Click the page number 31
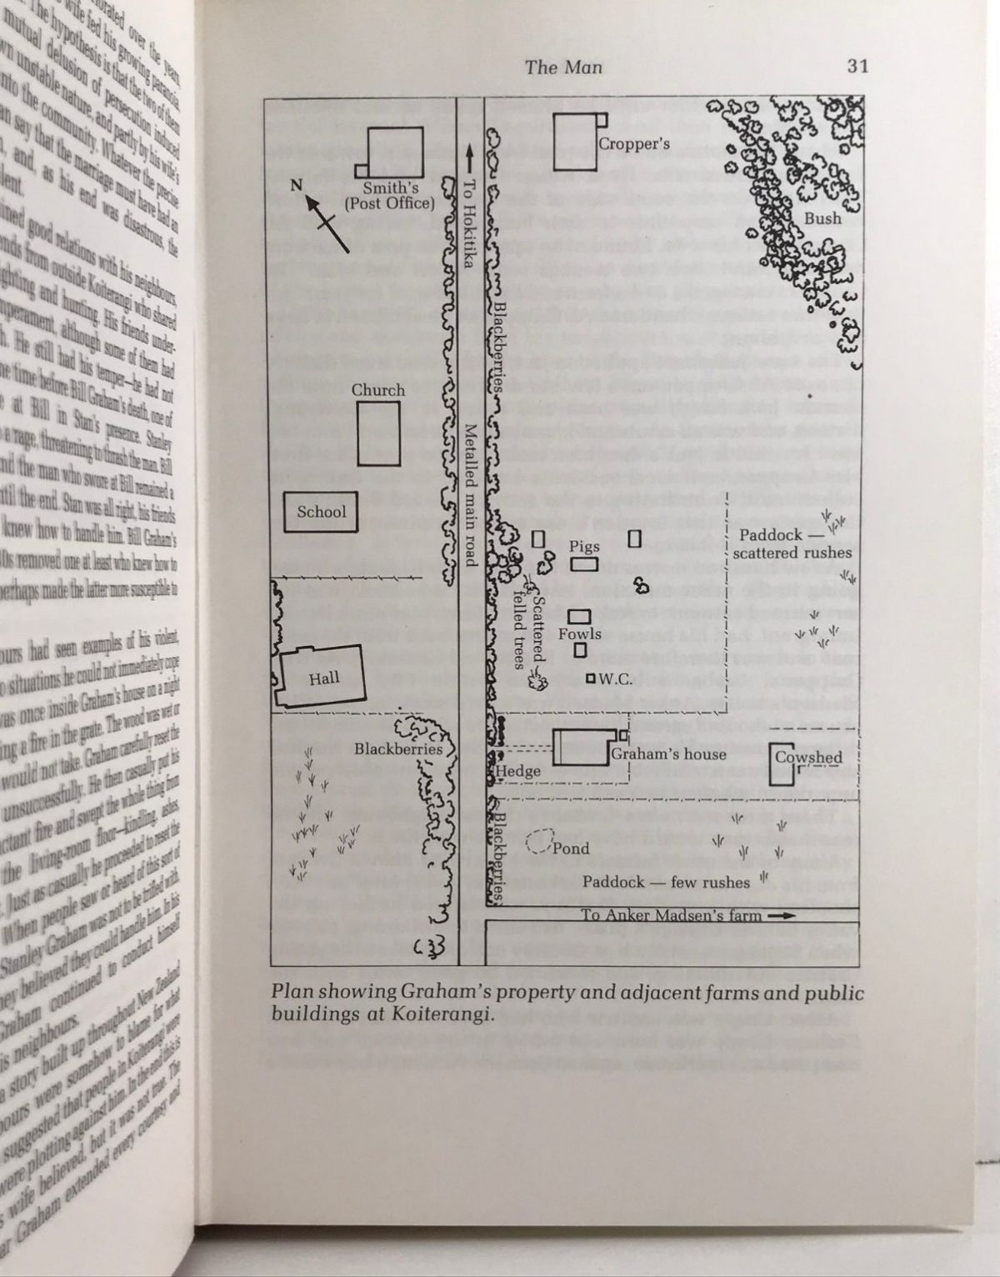pyautogui.click(x=857, y=67)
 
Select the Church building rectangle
pyautogui.click(x=378, y=433)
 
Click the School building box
pyautogui.click(x=321, y=512)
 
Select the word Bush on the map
pyautogui.click(x=822, y=218)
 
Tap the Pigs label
pyautogui.click(x=585, y=547)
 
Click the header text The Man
pyautogui.click(x=562, y=67)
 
